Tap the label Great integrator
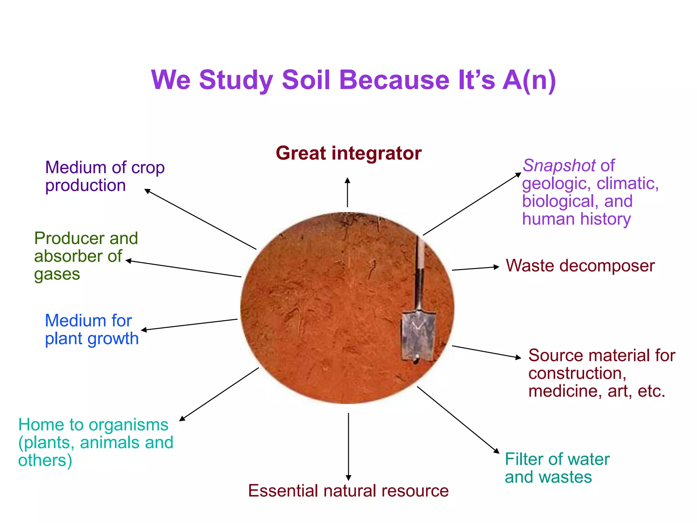pos(348,153)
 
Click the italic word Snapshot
pos(559,166)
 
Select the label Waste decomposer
pos(580,266)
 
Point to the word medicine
pos(562,391)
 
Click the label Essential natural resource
pos(348,491)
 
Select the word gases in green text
pos(57,274)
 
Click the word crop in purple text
pos(148,168)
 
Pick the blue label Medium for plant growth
pos(91,330)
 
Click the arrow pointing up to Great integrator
pos(347,192)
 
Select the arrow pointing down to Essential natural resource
pos(348,446)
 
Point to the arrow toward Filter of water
pos(458,420)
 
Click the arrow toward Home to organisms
pos(219,394)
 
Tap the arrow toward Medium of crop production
pos(200,220)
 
